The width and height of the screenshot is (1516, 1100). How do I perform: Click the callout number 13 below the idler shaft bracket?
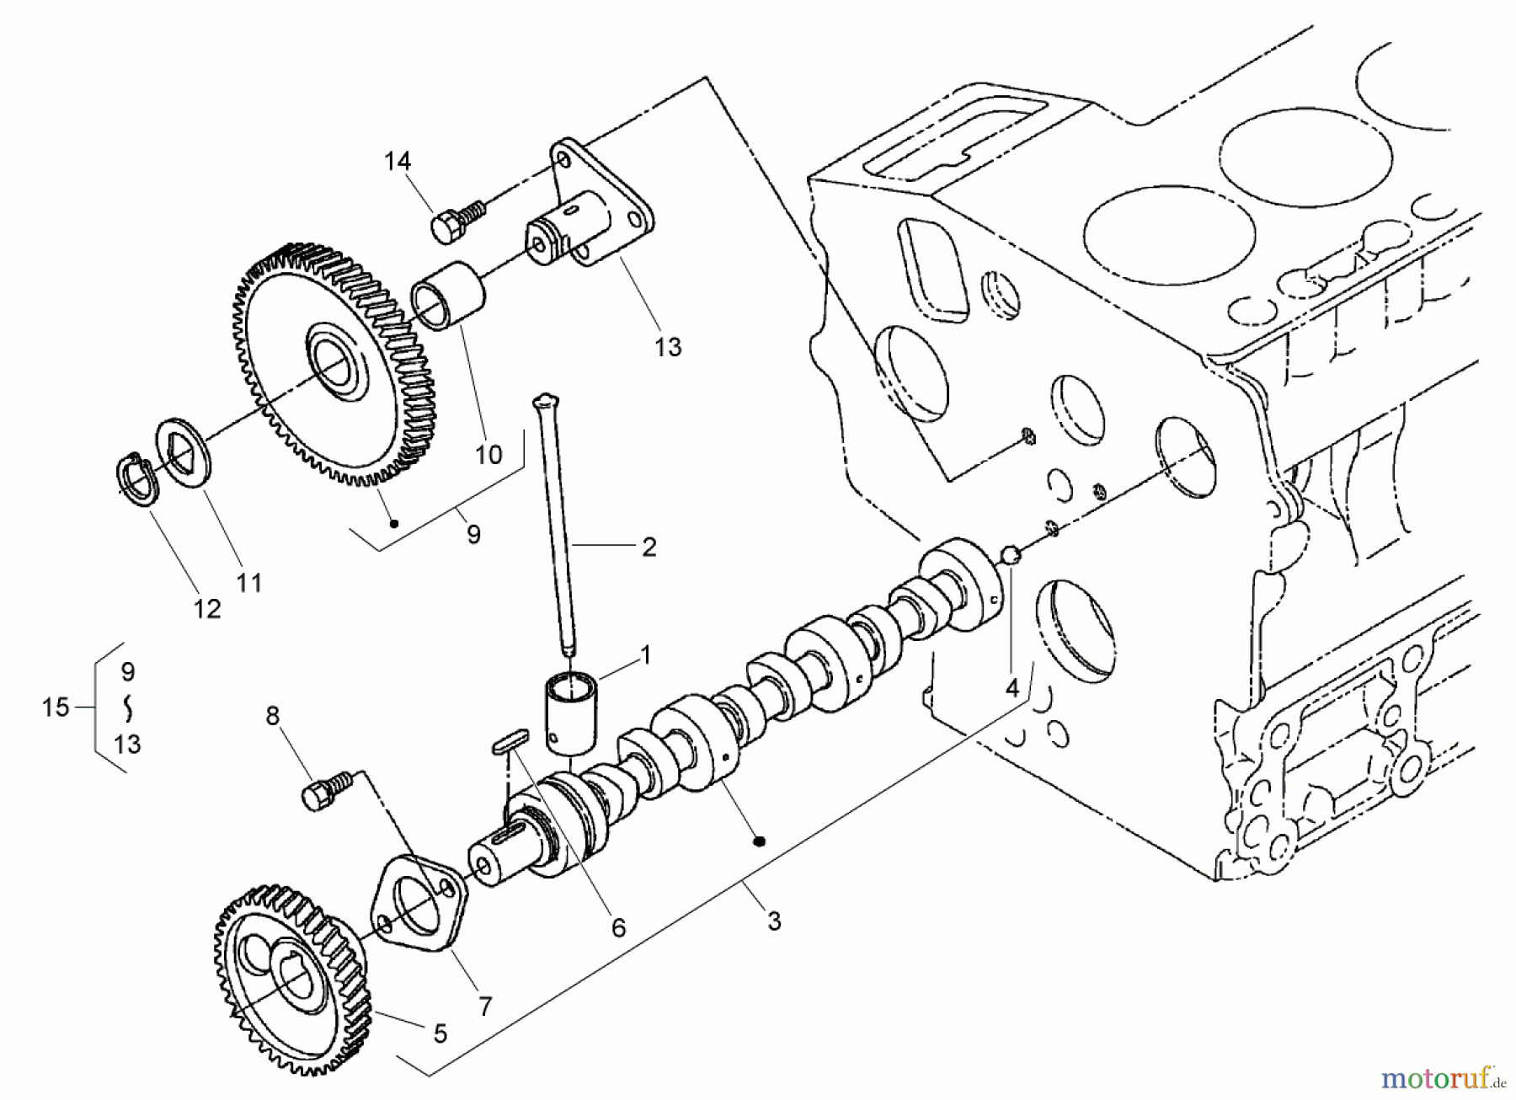coord(667,346)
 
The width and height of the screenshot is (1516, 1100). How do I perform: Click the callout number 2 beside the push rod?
coord(649,547)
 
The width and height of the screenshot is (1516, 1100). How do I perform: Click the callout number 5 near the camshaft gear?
coord(440,1033)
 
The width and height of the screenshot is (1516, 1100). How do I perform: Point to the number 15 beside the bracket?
coord(56,708)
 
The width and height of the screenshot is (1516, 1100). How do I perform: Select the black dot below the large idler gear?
coord(393,523)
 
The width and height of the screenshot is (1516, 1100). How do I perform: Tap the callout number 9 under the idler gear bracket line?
coord(473,533)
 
